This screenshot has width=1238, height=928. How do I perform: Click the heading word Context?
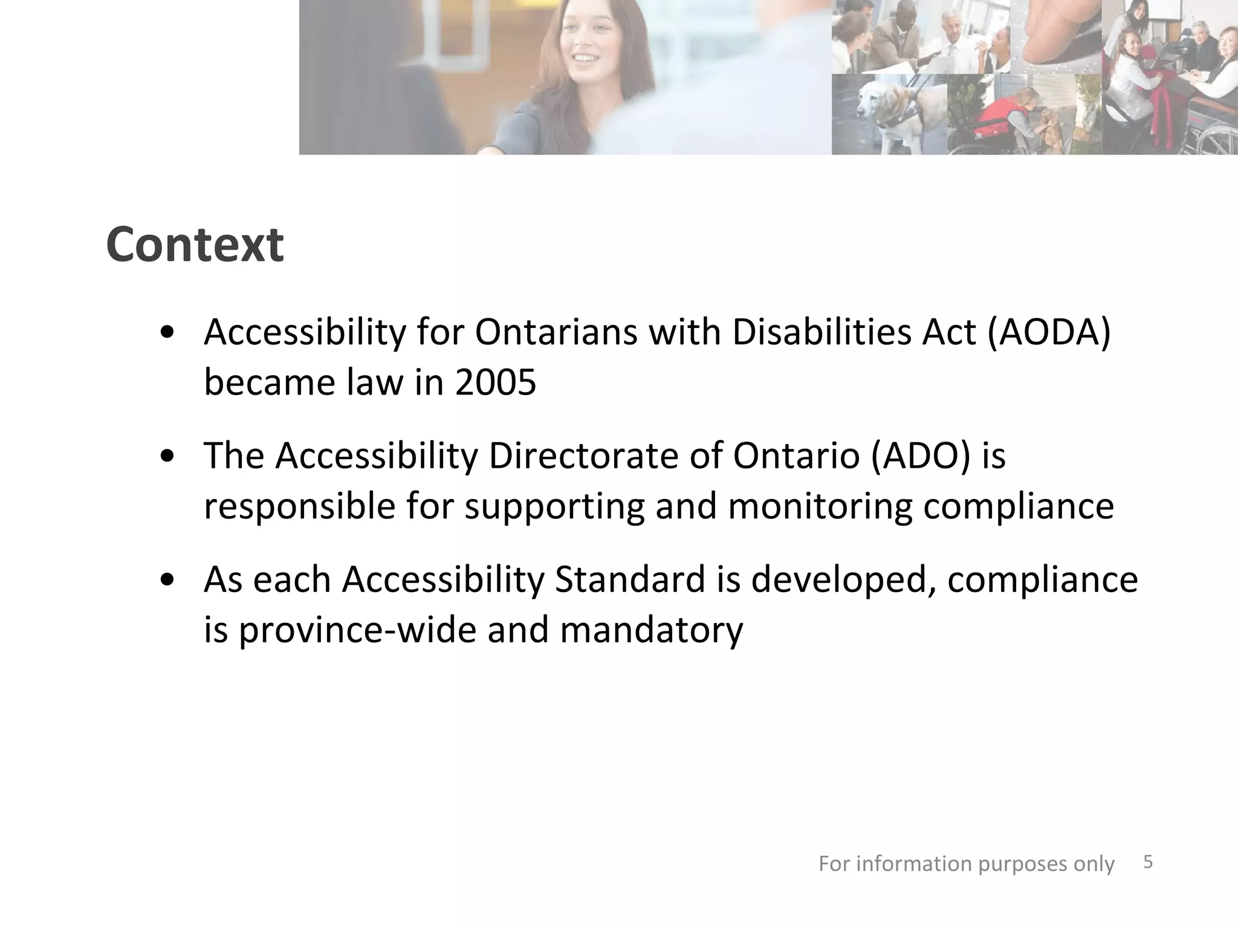coord(195,245)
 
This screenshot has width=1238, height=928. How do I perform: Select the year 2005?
coord(495,383)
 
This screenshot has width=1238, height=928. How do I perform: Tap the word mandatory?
coord(651,630)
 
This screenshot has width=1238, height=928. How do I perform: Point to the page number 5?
coord(1148,862)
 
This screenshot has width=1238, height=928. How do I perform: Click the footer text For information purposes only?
coord(966,864)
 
